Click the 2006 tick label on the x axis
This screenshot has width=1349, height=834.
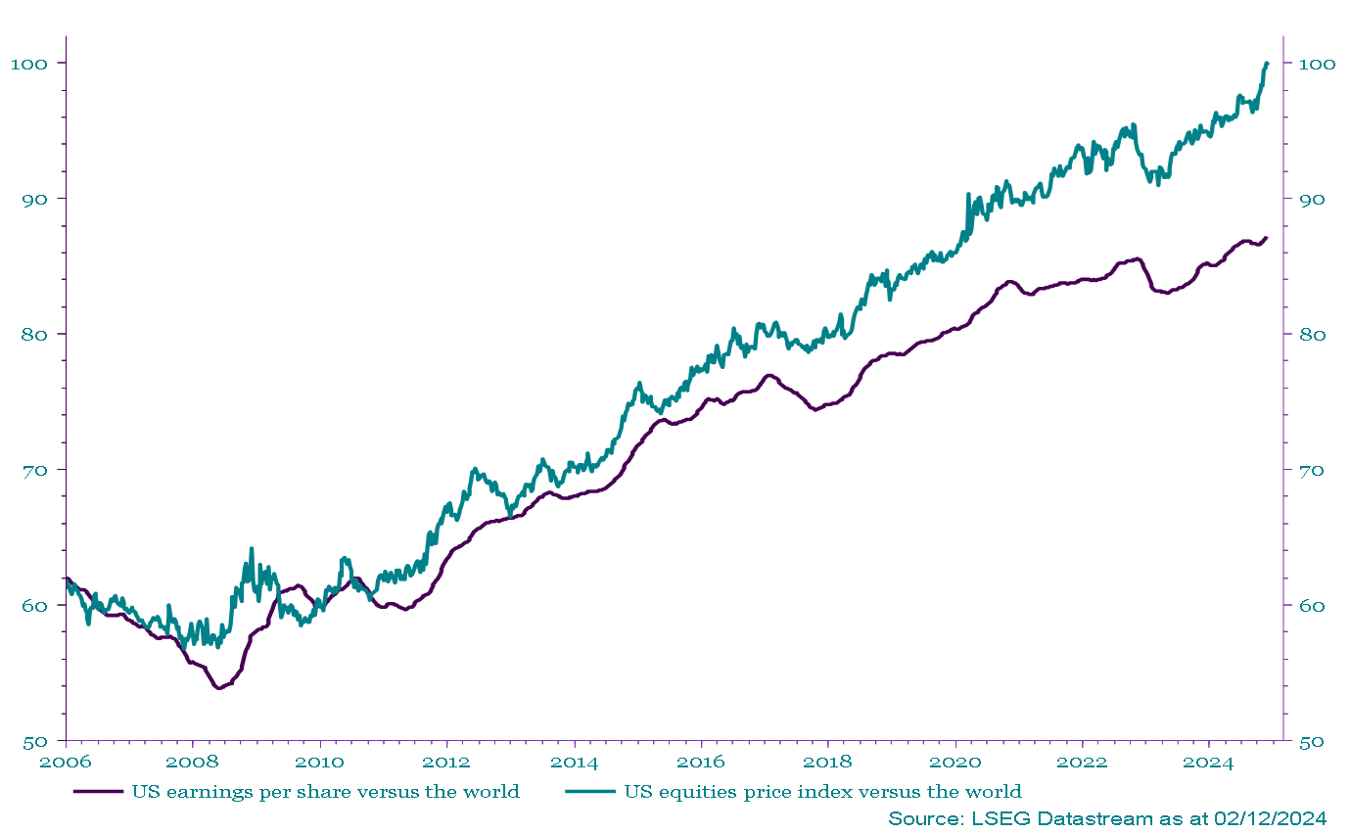click(x=66, y=761)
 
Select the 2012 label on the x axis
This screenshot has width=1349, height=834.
click(x=446, y=761)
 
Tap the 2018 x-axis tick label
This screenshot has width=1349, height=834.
click(x=827, y=761)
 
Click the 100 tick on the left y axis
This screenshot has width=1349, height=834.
click(x=28, y=64)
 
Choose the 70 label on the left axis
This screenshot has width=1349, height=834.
click(x=33, y=470)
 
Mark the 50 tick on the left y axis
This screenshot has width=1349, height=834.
click(x=33, y=741)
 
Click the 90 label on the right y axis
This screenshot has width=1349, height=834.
click(x=1311, y=199)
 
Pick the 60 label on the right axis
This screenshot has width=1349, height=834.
click(x=1311, y=605)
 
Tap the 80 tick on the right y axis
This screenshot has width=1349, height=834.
click(x=1311, y=334)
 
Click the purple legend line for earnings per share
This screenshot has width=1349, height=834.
click(x=98, y=791)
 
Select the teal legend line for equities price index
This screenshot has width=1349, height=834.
click(x=590, y=791)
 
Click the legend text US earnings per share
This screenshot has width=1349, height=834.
click(x=325, y=791)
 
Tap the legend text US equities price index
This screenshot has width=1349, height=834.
click(x=822, y=791)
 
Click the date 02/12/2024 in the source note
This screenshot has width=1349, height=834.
click(x=1272, y=817)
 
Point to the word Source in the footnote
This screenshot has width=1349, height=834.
click(x=921, y=817)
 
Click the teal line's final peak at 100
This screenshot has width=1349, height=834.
click(x=1267, y=64)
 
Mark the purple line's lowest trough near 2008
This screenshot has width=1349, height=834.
click(x=218, y=688)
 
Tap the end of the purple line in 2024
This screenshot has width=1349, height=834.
click(x=1267, y=237)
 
